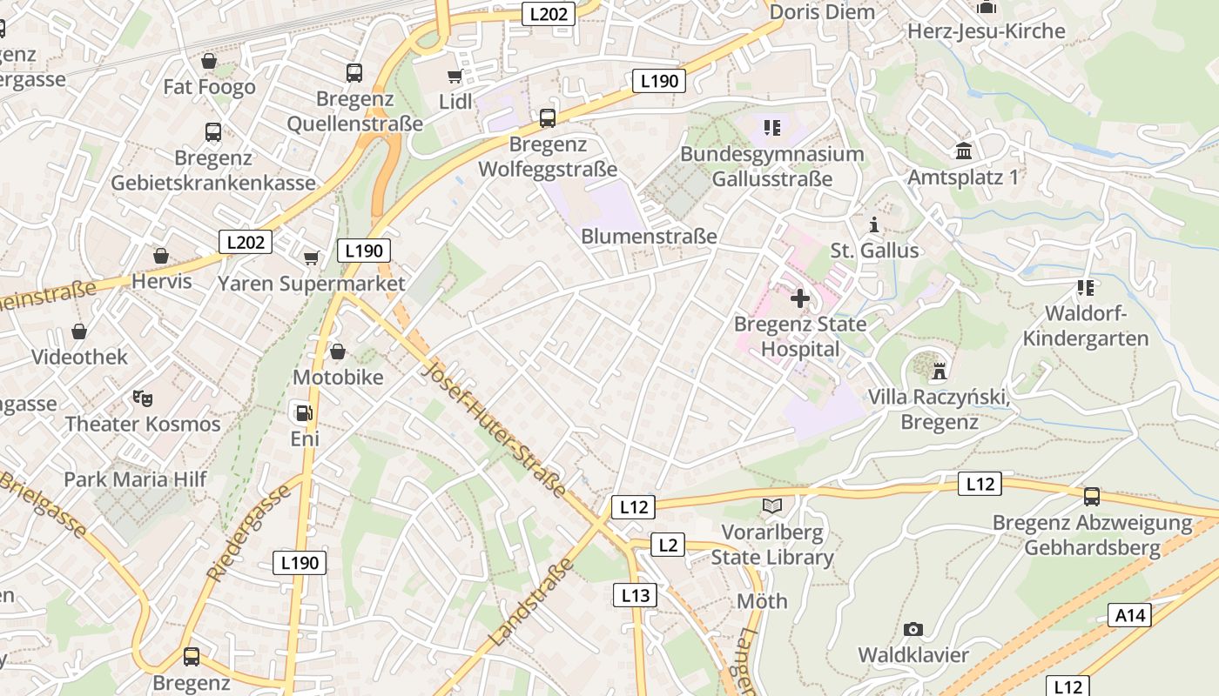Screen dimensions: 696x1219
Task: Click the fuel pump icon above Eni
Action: point(302,412)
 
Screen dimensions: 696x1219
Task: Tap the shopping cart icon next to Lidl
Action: point(455,77)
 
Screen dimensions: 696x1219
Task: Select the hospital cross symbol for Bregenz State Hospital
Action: point(799,298)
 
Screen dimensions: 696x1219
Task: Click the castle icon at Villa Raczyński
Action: point(939,371)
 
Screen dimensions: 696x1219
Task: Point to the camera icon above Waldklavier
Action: point(913,629)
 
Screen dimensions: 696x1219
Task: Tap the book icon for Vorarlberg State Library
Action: point(771,505)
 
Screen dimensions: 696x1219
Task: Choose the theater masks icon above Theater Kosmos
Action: point(142,398)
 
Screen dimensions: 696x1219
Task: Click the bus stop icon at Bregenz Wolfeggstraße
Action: point(547,117)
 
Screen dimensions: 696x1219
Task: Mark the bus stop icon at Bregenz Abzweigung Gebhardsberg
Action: point(1091,497)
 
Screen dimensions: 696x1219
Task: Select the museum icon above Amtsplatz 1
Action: point(963,151)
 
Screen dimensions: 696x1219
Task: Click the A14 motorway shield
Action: point(1130,616)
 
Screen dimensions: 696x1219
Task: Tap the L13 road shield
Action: point(635,595)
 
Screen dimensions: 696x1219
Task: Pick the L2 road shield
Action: point(667,545)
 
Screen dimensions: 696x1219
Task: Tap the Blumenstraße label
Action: point(649,236)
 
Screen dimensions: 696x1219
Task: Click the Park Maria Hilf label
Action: point(135,479)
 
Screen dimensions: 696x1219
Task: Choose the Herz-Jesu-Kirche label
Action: point(986,31)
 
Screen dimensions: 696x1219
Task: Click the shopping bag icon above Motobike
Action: point(337,351)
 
